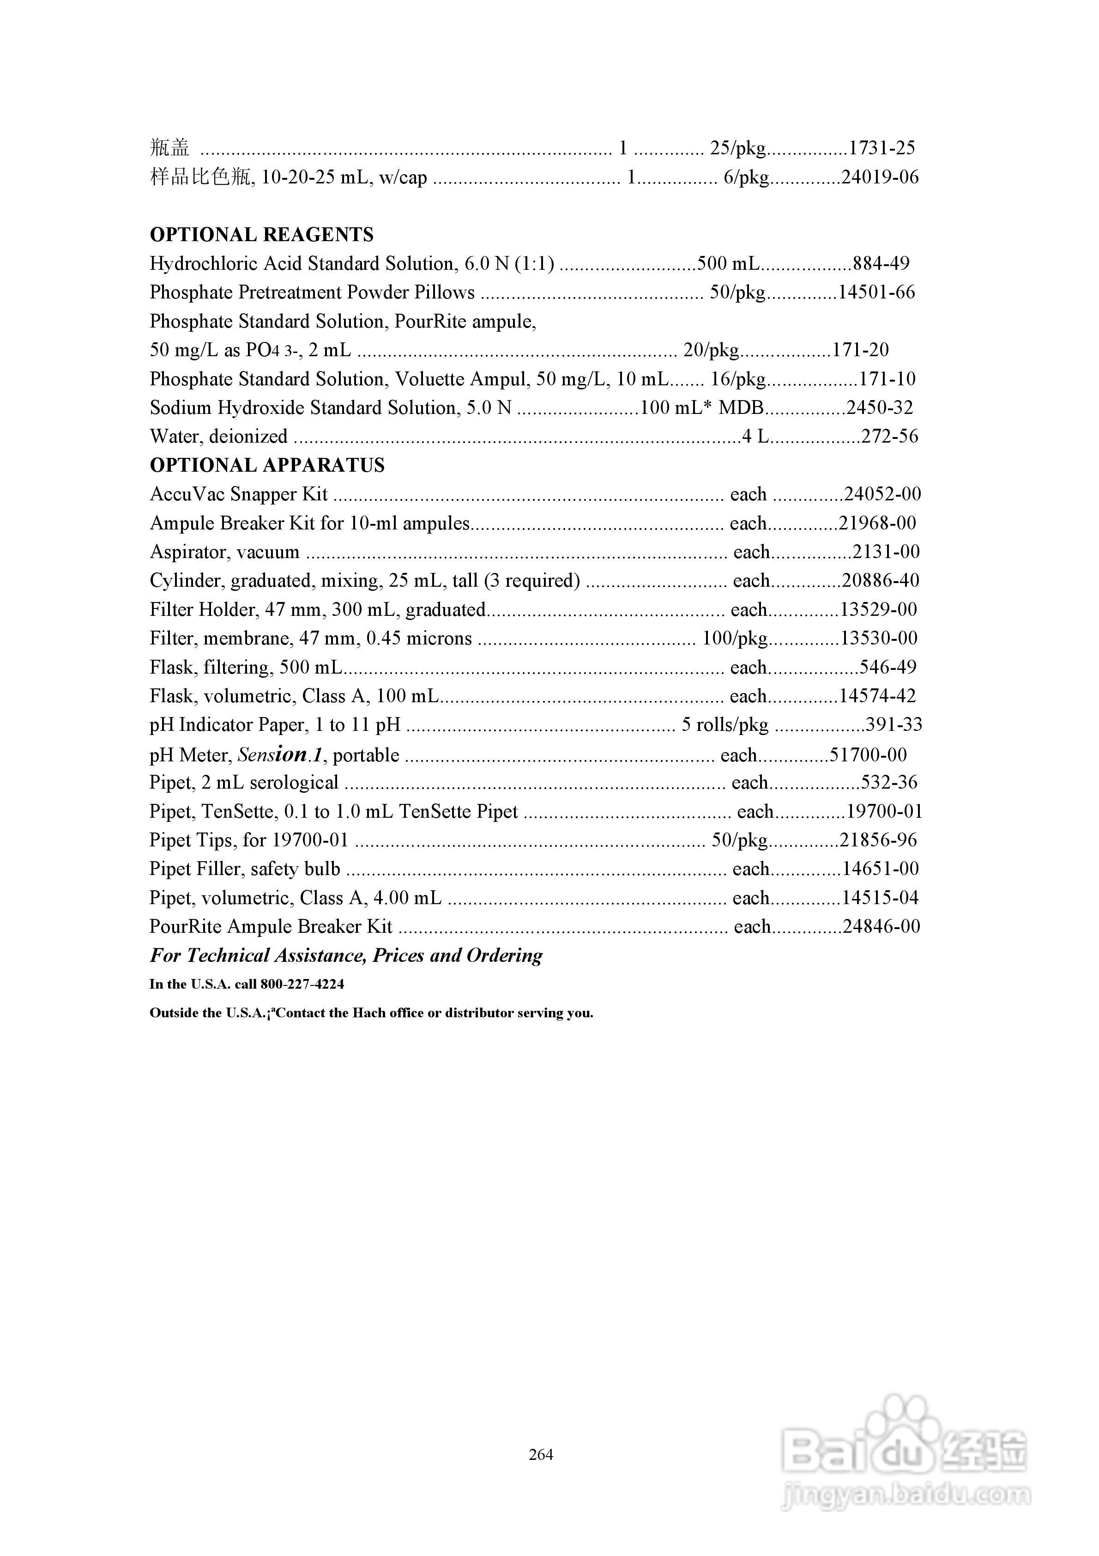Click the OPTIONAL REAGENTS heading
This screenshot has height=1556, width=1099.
coord(261,235)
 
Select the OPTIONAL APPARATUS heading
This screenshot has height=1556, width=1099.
coord(267,465)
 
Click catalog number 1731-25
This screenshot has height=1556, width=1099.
coord(882,148)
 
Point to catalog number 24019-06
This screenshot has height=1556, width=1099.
coord(880,177)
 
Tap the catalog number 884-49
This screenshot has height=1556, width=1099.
coord(881,264)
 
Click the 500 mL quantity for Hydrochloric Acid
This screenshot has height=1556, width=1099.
coord(728,264)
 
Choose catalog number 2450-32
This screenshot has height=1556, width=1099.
coord(880,407)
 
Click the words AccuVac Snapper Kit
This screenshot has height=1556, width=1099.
coord(238,494)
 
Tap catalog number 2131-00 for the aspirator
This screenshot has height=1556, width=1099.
coord(886,552)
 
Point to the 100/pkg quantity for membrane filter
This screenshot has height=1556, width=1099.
coord(735,638)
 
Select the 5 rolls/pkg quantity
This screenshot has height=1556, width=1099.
coord(725,725)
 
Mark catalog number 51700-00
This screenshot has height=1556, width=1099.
coord(868,755)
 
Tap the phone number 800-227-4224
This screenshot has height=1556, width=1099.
coord(302,984)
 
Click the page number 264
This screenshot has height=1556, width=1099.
coord(541,1454)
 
